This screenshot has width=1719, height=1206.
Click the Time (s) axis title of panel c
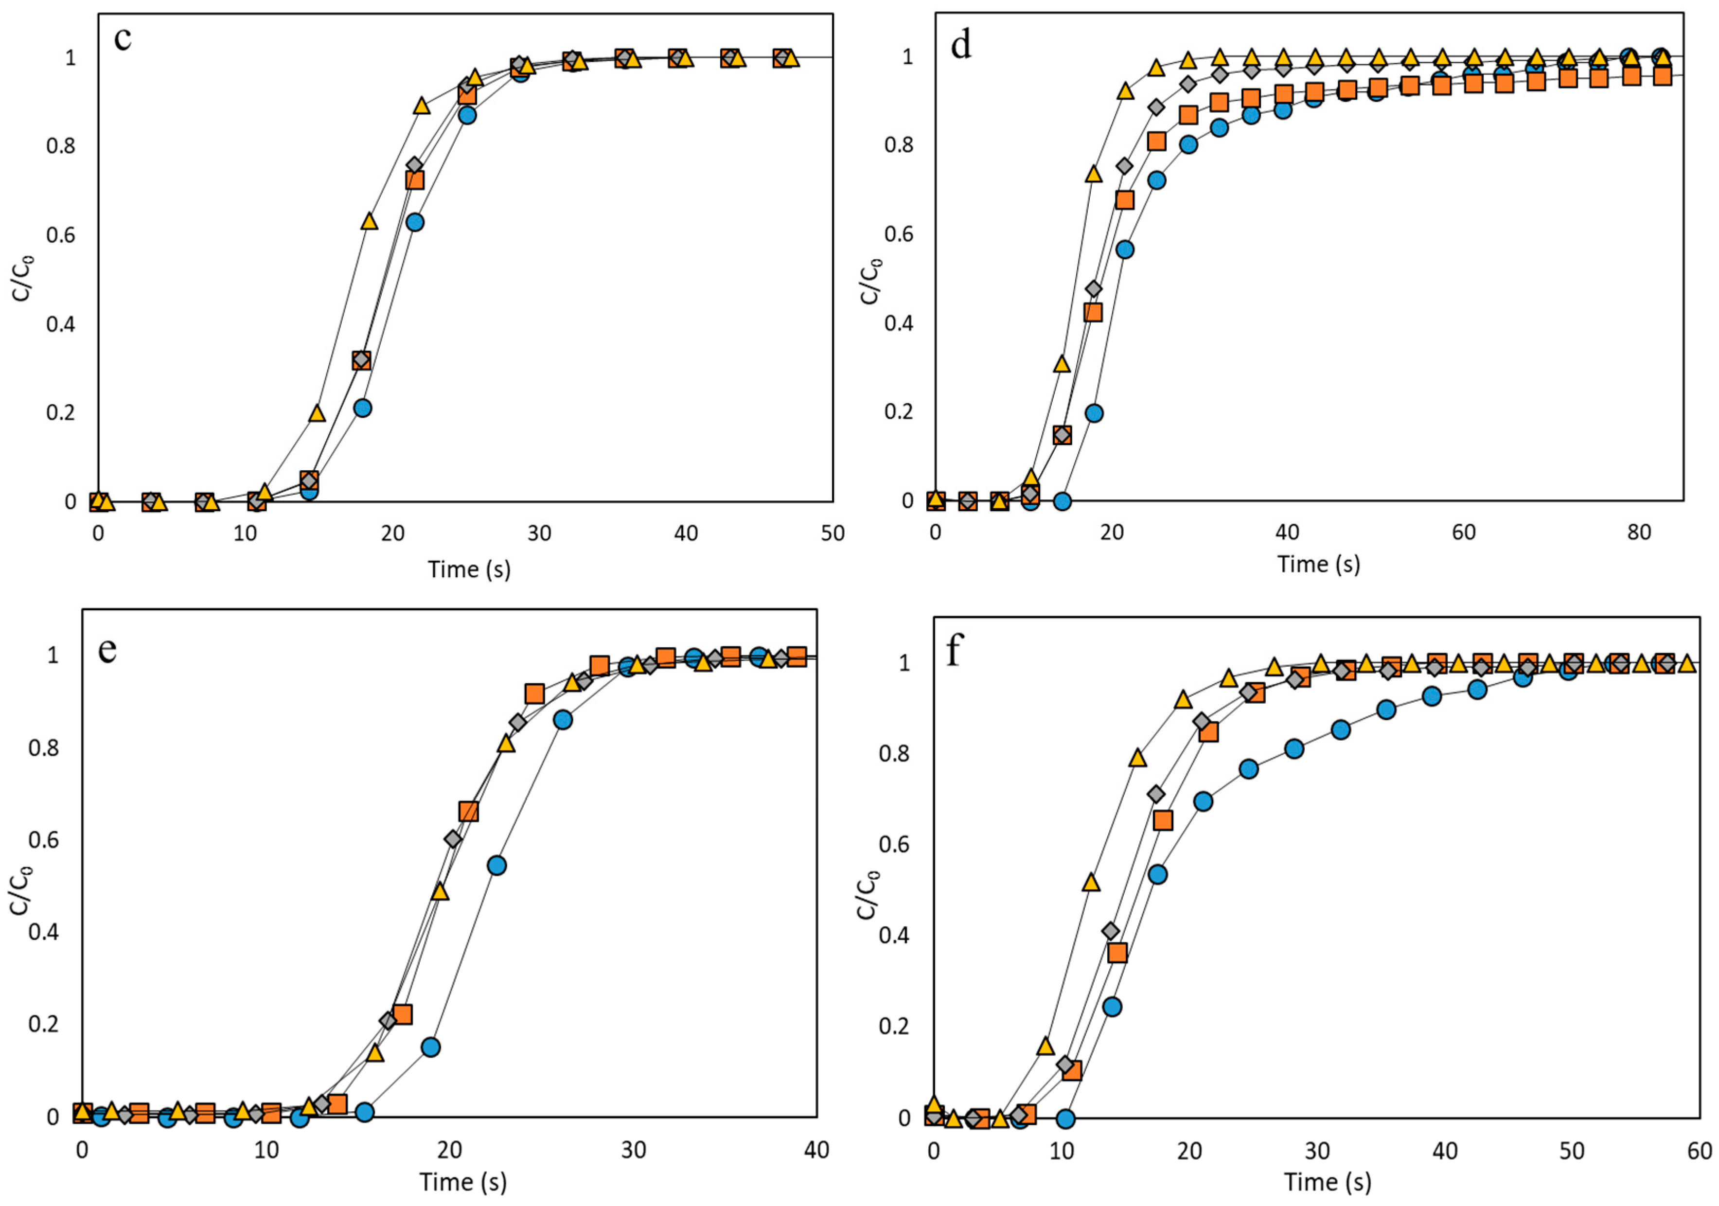tap(469, 569)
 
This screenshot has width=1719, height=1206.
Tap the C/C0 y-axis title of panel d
tap(871, 279)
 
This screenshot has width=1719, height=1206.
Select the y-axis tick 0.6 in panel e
tap(43, 840)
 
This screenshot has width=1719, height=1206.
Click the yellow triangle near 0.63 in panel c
tap(369, 221)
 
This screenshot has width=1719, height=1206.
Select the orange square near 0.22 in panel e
tap(403, 1014)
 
